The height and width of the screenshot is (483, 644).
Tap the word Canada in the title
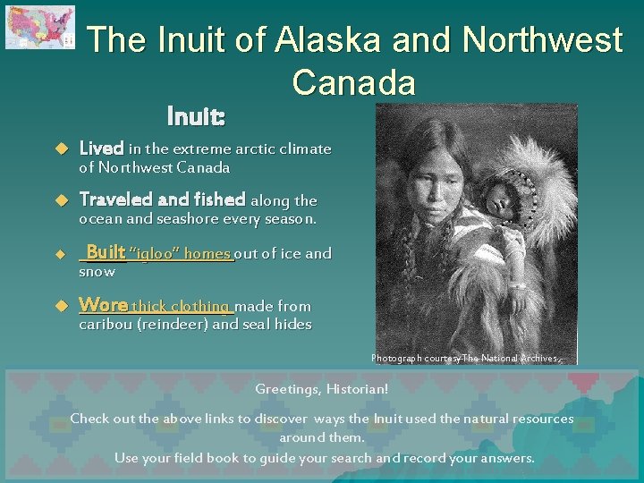coord(353,82)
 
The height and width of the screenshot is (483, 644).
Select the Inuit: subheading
coord(196,117)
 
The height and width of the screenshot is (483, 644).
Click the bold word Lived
coord(101,148)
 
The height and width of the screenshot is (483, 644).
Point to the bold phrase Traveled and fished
coord(162,200)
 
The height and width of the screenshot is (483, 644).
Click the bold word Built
coord(105,253)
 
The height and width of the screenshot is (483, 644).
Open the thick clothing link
coord(182,306)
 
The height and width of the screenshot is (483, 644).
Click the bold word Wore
coord(102,305)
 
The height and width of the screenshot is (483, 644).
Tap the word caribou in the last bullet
coord(106,324)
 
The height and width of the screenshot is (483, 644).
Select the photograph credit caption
coord(467,359)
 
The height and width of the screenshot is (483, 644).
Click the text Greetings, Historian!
coord(322,389)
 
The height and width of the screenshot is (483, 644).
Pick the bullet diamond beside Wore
coord(62,306)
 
